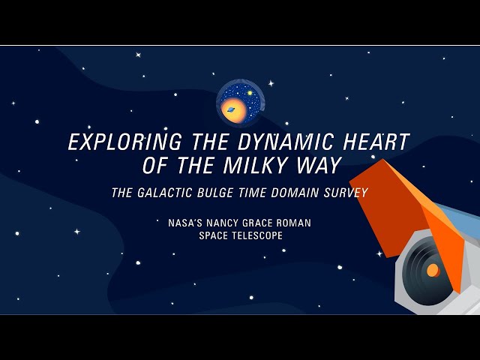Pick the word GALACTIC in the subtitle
pyautogui.click(x=166, y=193)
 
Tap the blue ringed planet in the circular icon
pyautogui.click(x=232, y=109)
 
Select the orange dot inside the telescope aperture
pyautogui.click(x=433, y=270)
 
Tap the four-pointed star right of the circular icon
pyautogui.click(x=271, y=83)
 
